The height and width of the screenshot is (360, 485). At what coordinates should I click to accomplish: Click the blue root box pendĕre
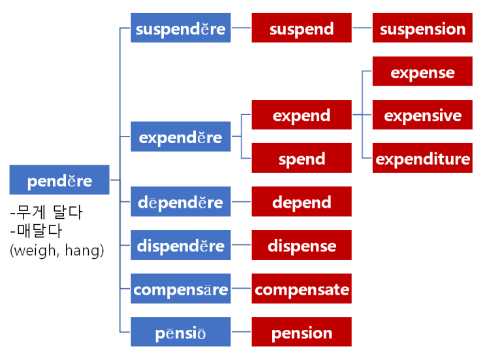point(59,180)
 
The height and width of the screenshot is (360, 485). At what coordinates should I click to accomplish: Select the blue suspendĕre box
point(181,28)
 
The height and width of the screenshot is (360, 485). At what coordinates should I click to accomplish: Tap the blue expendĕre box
point(181,137)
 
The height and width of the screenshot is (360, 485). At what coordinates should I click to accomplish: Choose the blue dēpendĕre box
point(181,202)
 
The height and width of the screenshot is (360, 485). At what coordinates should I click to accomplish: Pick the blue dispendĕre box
point(181,246)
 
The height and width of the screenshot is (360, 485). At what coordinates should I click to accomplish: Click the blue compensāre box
point(181,289)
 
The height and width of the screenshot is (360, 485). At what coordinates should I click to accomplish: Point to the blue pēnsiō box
point(181,332)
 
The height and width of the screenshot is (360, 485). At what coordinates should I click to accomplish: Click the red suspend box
point(302,28)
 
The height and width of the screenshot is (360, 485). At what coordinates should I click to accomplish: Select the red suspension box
point(422,28)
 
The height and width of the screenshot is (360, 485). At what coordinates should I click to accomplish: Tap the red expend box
point(302,115)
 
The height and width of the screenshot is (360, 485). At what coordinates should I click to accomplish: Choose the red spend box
point(302,158)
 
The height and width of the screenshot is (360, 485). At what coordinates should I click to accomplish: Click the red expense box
point(422,72)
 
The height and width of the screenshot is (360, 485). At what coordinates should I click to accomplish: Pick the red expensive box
point(422,115)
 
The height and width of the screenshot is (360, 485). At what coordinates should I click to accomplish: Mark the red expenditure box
point(422,158)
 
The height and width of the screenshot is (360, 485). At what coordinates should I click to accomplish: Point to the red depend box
point(302,202)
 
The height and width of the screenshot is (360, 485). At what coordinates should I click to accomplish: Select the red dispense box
point(302,246)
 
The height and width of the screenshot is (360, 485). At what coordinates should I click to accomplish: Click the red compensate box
point(302,289)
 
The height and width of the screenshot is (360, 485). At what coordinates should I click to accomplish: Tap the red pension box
point(302,332)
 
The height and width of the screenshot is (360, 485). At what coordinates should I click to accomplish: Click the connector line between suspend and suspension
point(362,28)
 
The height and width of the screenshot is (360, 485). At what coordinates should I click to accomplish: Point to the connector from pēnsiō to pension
point(242,332)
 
